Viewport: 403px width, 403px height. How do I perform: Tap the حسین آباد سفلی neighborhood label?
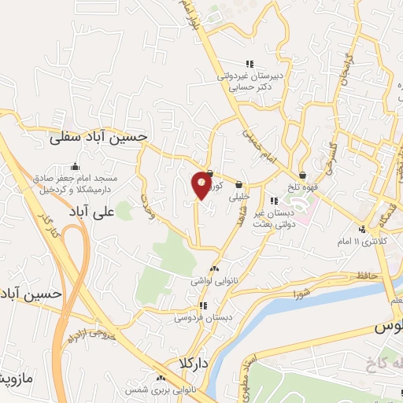[98, 137]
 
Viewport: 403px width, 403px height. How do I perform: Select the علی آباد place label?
[124, 212]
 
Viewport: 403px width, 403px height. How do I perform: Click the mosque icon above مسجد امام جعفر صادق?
[75, 166]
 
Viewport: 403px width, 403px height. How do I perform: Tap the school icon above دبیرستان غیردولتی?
[250, 65]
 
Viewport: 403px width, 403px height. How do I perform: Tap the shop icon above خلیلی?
[238, 185]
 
